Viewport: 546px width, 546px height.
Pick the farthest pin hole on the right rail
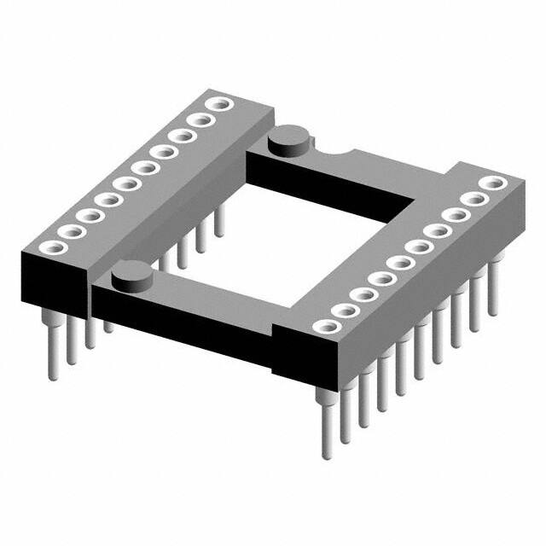tap(491, 182)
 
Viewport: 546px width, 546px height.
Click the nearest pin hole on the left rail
tap(49, 247)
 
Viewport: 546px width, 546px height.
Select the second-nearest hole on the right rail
tap(345, 310)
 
